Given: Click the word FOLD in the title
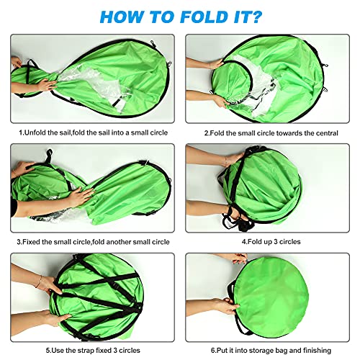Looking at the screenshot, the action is click(x=204, y=17).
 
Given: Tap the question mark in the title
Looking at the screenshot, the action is click(x=255, y=17).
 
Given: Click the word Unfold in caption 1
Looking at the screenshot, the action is click(x=35, y=132).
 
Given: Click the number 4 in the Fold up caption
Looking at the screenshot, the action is click(x=243, y=241).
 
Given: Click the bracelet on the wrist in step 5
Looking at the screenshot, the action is click(x=39, y=282).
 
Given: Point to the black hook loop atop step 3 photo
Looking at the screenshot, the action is click(x=49, y=153).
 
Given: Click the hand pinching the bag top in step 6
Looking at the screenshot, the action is click(x=236, y=258).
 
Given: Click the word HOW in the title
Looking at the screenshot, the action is click(x=122, y=17).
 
